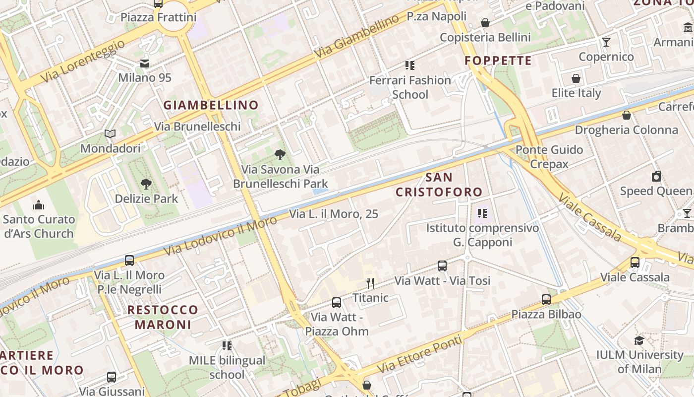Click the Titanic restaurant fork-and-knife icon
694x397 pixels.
tap(370, 283)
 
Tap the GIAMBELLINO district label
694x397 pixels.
tap(211, 105)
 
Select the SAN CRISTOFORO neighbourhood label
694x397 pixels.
tap(439, 185)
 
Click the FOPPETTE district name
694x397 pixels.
tap(498, 61)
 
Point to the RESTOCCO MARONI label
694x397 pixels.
tap(163, 317)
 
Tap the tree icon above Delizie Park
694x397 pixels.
tap(146, 184)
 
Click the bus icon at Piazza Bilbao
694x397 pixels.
tap(546, 300)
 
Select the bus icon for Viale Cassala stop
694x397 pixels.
tap(635, 263)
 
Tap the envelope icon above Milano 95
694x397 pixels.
tap(145, 64)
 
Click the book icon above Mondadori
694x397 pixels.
tap(110, 134)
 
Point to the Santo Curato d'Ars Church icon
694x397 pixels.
tap(39, 205)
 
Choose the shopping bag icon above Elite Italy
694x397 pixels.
tap(576, 78)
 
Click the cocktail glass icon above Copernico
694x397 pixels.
tap(606, 42)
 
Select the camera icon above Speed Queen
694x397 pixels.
tap(656, 176)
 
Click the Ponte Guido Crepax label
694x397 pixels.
tap(549, 156)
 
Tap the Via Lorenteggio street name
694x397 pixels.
tap(83, 62)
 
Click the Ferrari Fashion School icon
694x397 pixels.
tap(410, 65)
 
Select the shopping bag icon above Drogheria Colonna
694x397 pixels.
tap(627, 115)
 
